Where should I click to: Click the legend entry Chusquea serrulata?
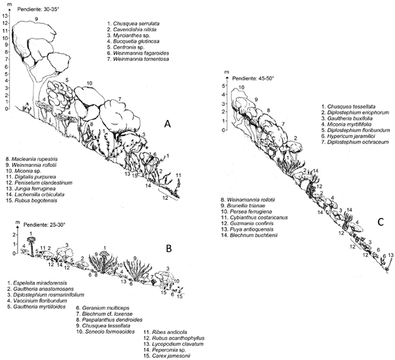coord(137,24)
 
